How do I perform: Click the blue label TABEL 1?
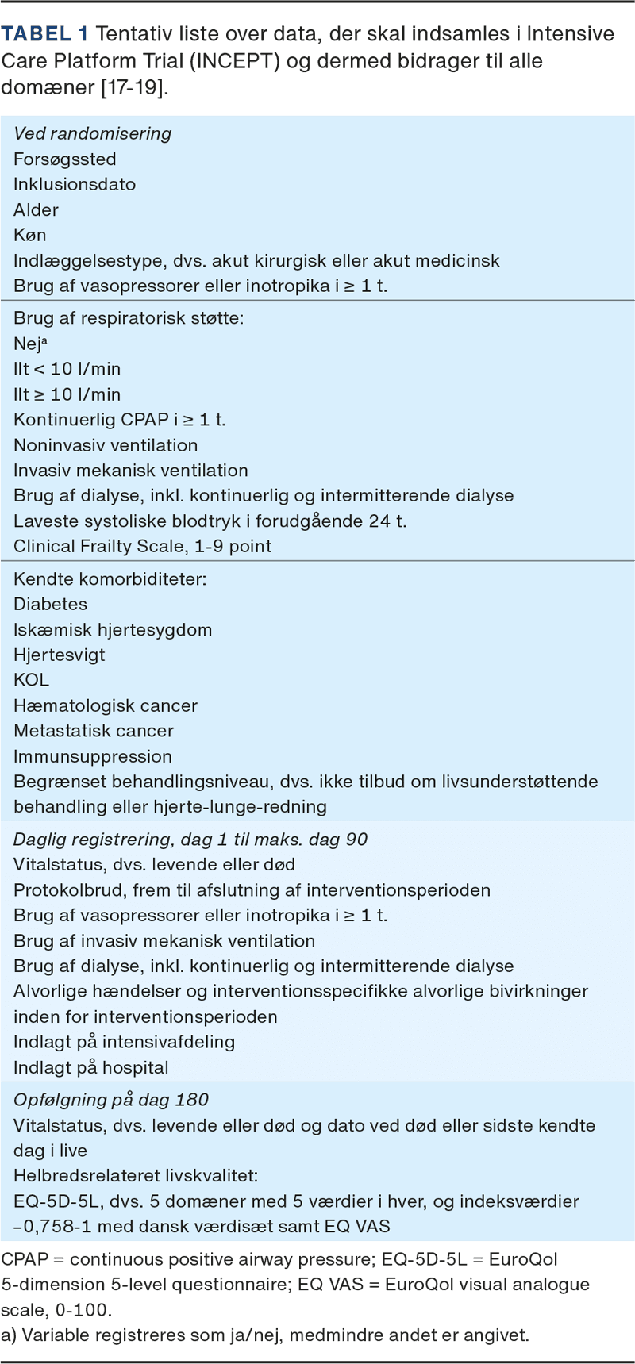click(x=45, y=34)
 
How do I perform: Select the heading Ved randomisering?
click(x=93, y=133)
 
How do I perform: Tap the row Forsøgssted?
click(x=65, y=159)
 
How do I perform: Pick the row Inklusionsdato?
click(x=75, y=184)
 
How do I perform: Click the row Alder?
click(x=37, y=209)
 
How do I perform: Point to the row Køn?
click(x=30, y=235)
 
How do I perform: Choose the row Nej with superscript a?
click(x=31, y=344)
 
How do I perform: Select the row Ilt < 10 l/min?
click(x=67, y=369)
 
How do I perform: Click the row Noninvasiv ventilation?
click(x=106, y=445)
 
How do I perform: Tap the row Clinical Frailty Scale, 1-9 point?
click(x=143, y=546)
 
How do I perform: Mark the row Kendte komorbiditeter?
click(x=110, y=578)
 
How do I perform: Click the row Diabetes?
click(x=51, y=604)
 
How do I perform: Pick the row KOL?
click(x=32, y=680)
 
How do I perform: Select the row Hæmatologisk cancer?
click(x=106, y=705)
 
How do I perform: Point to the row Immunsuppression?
click(x=93, y=756)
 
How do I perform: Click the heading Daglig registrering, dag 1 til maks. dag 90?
click(x=190, y=840)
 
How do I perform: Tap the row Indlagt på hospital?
click(x=91, y=1067)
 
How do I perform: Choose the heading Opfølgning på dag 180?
click(x=111, y=1100)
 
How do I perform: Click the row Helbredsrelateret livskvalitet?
click(x=136, y=1176)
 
